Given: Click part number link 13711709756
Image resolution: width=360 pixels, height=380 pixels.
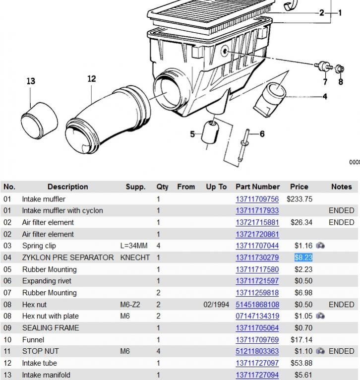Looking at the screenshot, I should click(257, 199).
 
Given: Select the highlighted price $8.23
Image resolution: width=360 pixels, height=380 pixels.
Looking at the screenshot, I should click(303, 257).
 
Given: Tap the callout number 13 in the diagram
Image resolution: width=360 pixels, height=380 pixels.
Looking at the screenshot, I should click(31, 81).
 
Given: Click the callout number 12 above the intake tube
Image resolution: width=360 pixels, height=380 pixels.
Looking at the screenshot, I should click(91, 79).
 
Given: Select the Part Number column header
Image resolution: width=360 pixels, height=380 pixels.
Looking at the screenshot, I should click(257, 187).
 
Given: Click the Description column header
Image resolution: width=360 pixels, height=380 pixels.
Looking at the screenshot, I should click(67, 187).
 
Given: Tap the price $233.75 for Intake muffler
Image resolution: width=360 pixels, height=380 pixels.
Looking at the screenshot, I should click(299, 199).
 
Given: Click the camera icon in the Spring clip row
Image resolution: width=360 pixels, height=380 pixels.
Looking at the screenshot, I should click(320, 246).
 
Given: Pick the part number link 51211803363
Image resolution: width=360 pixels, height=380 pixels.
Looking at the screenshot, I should click(257, 351).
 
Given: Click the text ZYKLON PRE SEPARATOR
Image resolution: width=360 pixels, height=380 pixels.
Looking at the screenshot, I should click(68, 257).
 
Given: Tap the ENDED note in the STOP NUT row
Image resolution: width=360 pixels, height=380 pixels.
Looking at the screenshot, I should click(341, 351).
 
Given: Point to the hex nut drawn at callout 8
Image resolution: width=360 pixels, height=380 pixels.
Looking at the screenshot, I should click(341, 68).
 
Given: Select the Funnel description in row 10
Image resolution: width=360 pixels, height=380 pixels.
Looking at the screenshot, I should click(33, 340).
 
